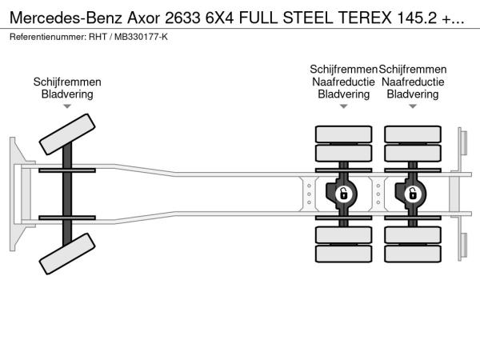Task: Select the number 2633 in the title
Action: (182, 18)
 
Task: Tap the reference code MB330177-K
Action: (141, 37)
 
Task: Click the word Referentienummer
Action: (48, 37)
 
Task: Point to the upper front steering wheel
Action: (67, 134)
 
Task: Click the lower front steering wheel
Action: (67, 254)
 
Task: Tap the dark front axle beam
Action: (67, 194)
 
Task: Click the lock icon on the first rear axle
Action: (344, 194)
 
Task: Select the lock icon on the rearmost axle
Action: (413, 194)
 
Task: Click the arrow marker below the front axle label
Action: (67, 106)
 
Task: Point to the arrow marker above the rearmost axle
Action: (413, 106)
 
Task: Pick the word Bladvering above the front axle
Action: (67, 94)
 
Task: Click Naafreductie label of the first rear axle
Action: (343, 82)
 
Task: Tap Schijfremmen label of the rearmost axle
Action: (413, 69)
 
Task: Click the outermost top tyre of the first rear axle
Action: (344, 134)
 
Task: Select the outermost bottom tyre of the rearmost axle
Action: (413, 254)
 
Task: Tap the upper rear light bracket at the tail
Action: (462, 144)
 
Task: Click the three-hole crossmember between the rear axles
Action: (378, 194)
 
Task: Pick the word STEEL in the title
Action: (308, 18)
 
